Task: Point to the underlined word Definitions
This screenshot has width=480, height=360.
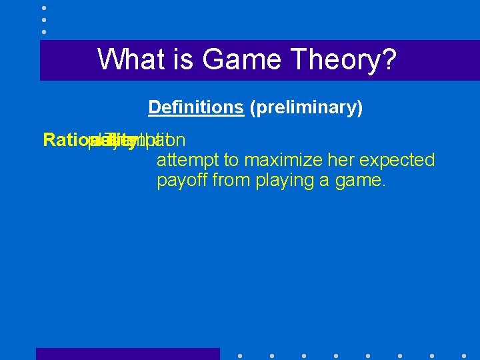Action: pyautogui.click(x=196, y=107)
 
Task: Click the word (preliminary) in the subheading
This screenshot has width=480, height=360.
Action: pyautogui.click(x=306, y=107)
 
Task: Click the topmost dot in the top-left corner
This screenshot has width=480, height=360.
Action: pyautogui.click(x=44, y=7)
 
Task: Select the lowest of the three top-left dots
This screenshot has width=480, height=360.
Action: pyautogui.click(x=44, y=31)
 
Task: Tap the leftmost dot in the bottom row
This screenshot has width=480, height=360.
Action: pyautogui.click(x=239, y=355)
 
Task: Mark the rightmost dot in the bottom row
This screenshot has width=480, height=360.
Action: pyautogui.click(x=464, y=355)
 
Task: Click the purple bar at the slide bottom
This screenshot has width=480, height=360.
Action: pyautogui.click(x=127, y=354)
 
